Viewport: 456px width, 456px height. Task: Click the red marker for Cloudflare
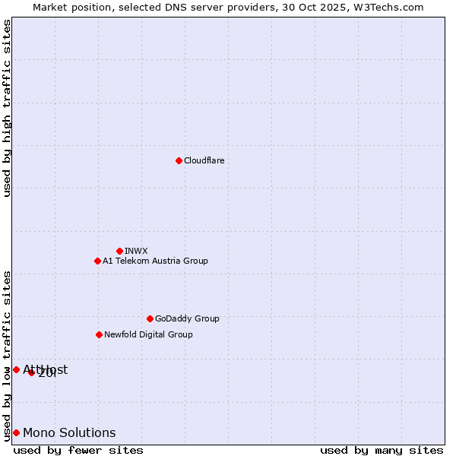pos(179,160)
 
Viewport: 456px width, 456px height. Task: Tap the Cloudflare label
pos(204,160)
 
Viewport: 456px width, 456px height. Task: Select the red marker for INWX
pos(119,251)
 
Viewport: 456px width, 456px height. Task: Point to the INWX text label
pos(136,251)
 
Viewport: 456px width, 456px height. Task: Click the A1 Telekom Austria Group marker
pos(97,261)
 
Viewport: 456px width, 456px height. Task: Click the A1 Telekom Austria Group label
pos(155,261)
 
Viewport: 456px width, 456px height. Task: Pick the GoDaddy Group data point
pos(150,318)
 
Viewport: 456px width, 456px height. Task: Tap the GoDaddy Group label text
pos(186,318)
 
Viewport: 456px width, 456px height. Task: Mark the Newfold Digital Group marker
pos(99,334)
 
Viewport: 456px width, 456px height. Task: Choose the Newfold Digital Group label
pos(148,334)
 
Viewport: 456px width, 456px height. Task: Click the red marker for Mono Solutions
pos(16,432)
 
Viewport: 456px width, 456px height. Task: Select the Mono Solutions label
pos(69,432)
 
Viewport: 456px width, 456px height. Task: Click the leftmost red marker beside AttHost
pos(16,369)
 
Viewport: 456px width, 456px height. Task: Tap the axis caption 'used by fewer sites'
pos(78,450)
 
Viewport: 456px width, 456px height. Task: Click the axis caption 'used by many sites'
pos(382,450)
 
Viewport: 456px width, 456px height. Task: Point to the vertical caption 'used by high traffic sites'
pos(7,108)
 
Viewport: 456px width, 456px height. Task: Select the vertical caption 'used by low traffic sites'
pos(7,355)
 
